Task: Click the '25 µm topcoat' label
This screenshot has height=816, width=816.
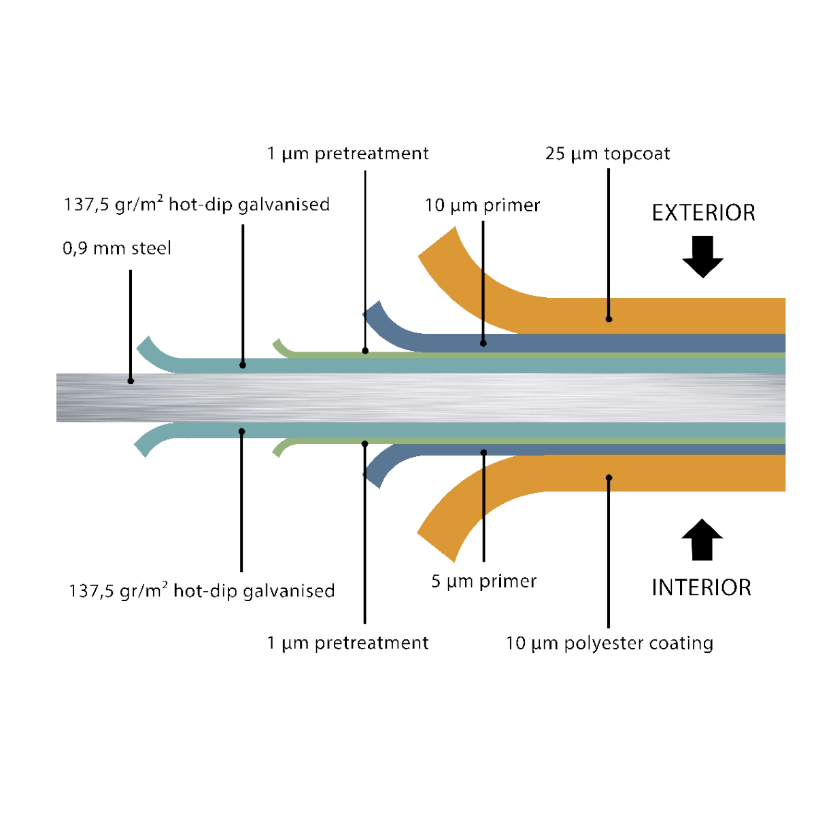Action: [x=607, y=154]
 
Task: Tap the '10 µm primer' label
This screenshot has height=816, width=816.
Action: [x=482, y=205]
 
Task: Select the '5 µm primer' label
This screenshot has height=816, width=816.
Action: [x=483, y=582]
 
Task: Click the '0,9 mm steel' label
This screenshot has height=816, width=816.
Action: [x=117, y=249]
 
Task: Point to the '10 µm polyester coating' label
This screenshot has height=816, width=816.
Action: [x=609, y=643]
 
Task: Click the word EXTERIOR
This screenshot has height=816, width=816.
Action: [x=703, y=213]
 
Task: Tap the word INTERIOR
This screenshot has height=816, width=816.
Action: [x=701, y=588]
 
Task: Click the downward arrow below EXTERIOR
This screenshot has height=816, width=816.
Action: [x=702, y=257]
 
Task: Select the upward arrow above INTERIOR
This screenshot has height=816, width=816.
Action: [x=702, y=540]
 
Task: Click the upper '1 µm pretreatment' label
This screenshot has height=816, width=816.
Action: [x=347, y=154]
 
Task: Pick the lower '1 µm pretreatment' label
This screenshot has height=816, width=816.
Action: [x=347, y=643]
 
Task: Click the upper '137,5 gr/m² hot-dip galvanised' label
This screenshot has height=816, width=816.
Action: [x=197, y=204]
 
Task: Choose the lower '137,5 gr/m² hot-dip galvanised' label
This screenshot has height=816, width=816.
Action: [x=201, y=590]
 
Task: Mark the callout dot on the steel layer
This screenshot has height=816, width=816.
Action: [x=131, y=381]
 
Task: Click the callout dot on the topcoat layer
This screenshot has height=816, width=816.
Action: [x=609, y=318]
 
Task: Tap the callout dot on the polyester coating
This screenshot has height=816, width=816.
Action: [x=609, y=477]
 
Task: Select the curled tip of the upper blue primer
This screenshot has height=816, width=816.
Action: [x=373, y=313]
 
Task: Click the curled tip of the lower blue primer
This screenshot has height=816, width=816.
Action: [x=373, y=476]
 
